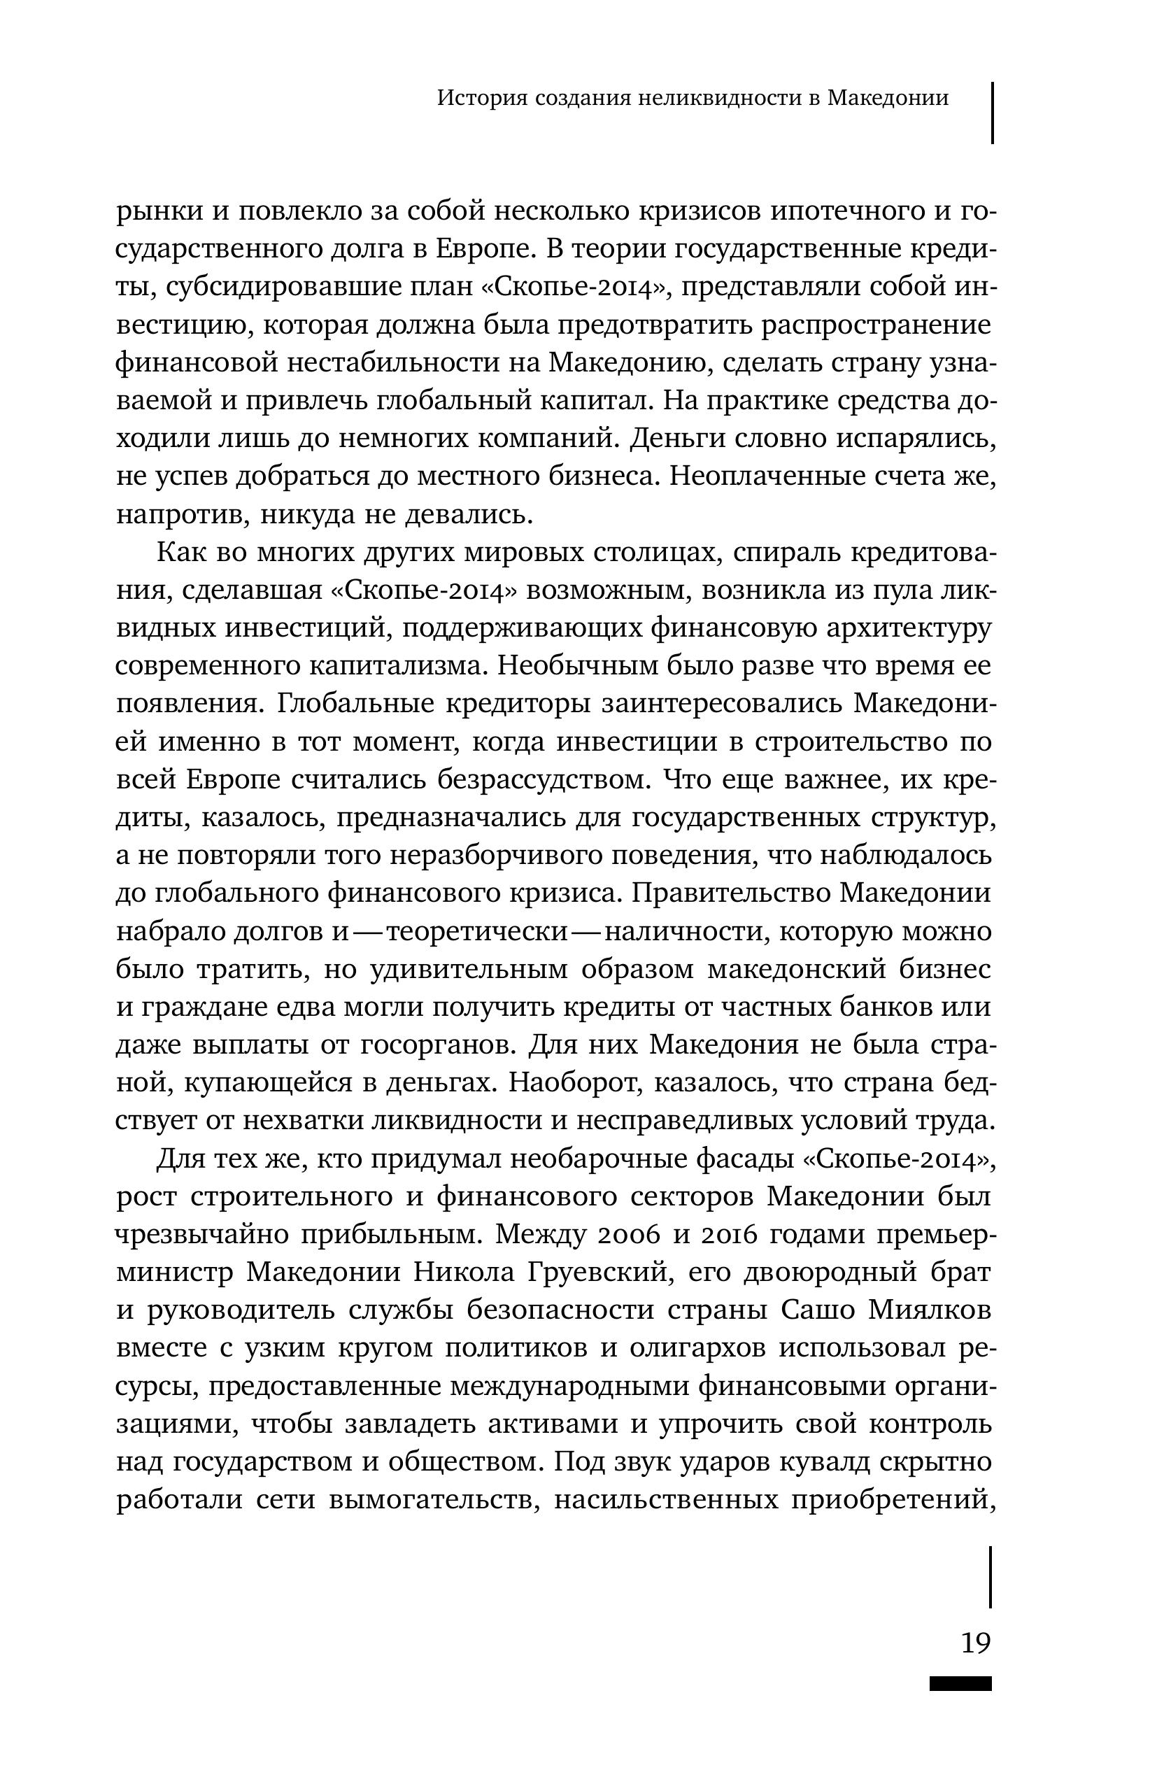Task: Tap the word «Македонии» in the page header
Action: (x=888, y=98)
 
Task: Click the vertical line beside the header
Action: (x=992, y=112)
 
